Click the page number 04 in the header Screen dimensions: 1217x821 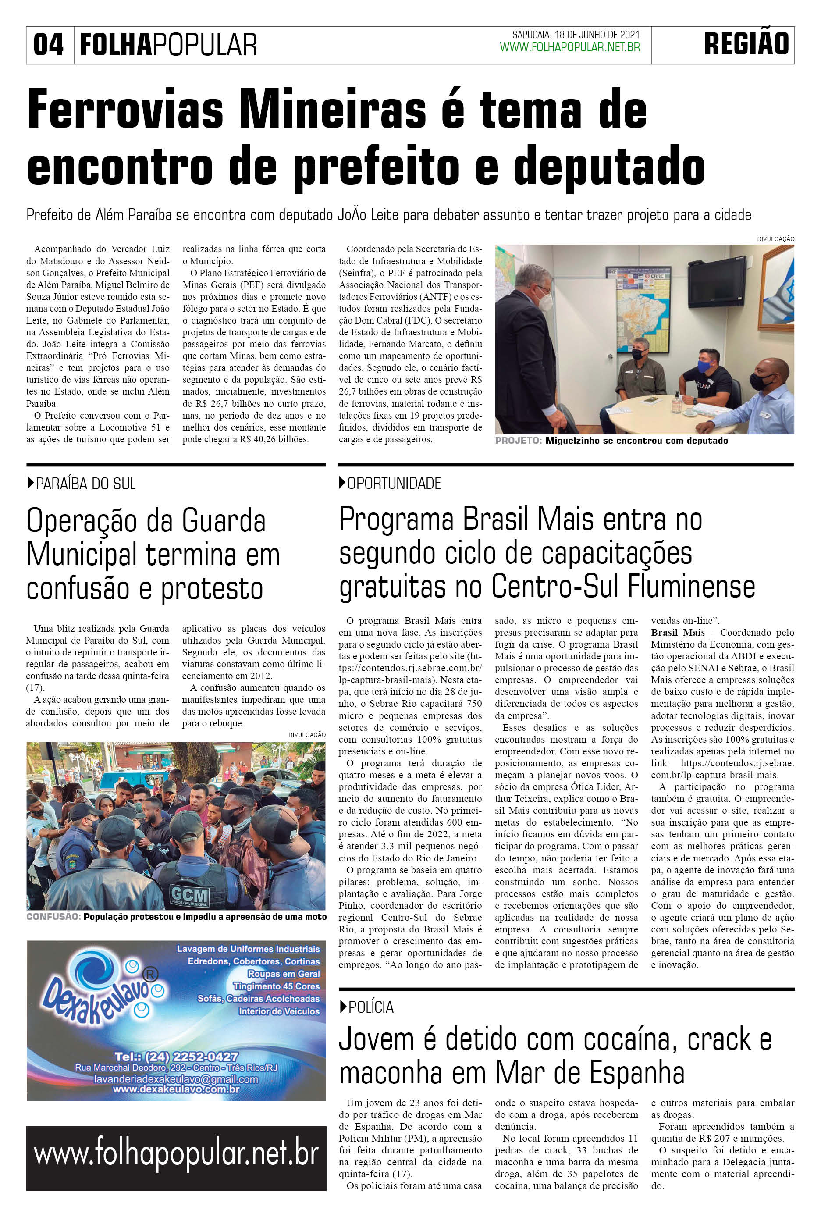click(x=49, y=45)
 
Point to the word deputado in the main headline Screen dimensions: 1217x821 click(x=609, y=167)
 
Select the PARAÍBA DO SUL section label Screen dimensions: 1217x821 click(x=85, y=484)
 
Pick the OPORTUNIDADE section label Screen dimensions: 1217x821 click(x=394, y=484)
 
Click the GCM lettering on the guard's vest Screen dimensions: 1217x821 click(x=189, y=896)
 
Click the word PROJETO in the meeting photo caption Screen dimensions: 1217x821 click(x=518, y=441)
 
